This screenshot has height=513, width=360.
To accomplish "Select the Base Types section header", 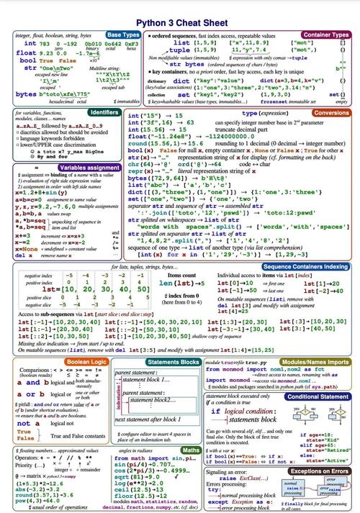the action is [x=122, y=34].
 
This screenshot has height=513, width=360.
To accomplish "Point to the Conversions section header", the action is [x=332, y=113].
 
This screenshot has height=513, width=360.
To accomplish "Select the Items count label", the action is [x=181, y=255].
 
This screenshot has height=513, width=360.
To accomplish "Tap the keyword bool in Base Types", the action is [x=28, y=61].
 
